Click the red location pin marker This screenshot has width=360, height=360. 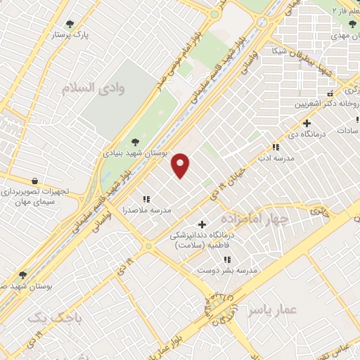[181, 165]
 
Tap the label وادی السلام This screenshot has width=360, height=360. [103, 89]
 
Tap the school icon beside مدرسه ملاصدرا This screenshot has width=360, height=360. [147, 200]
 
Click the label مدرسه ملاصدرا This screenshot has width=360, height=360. [148, 210]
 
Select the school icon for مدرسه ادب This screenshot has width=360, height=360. [276, 148]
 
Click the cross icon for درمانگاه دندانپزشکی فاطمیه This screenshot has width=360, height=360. [202, 224]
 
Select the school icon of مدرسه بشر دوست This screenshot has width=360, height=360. [227, 259]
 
